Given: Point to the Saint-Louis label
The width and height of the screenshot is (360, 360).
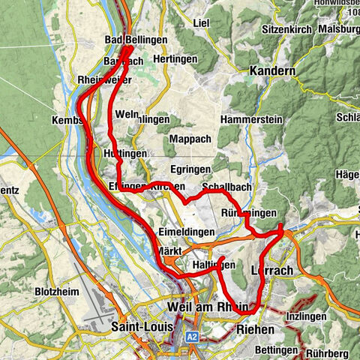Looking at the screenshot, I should (x=142, y=327).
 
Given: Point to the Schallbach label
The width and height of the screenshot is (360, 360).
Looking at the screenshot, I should (x=226, y=187).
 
